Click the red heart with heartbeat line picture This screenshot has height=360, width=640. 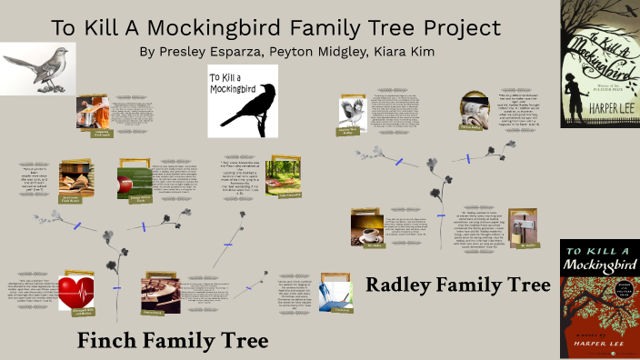coord(76,292)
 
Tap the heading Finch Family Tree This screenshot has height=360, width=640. coord(173,341)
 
